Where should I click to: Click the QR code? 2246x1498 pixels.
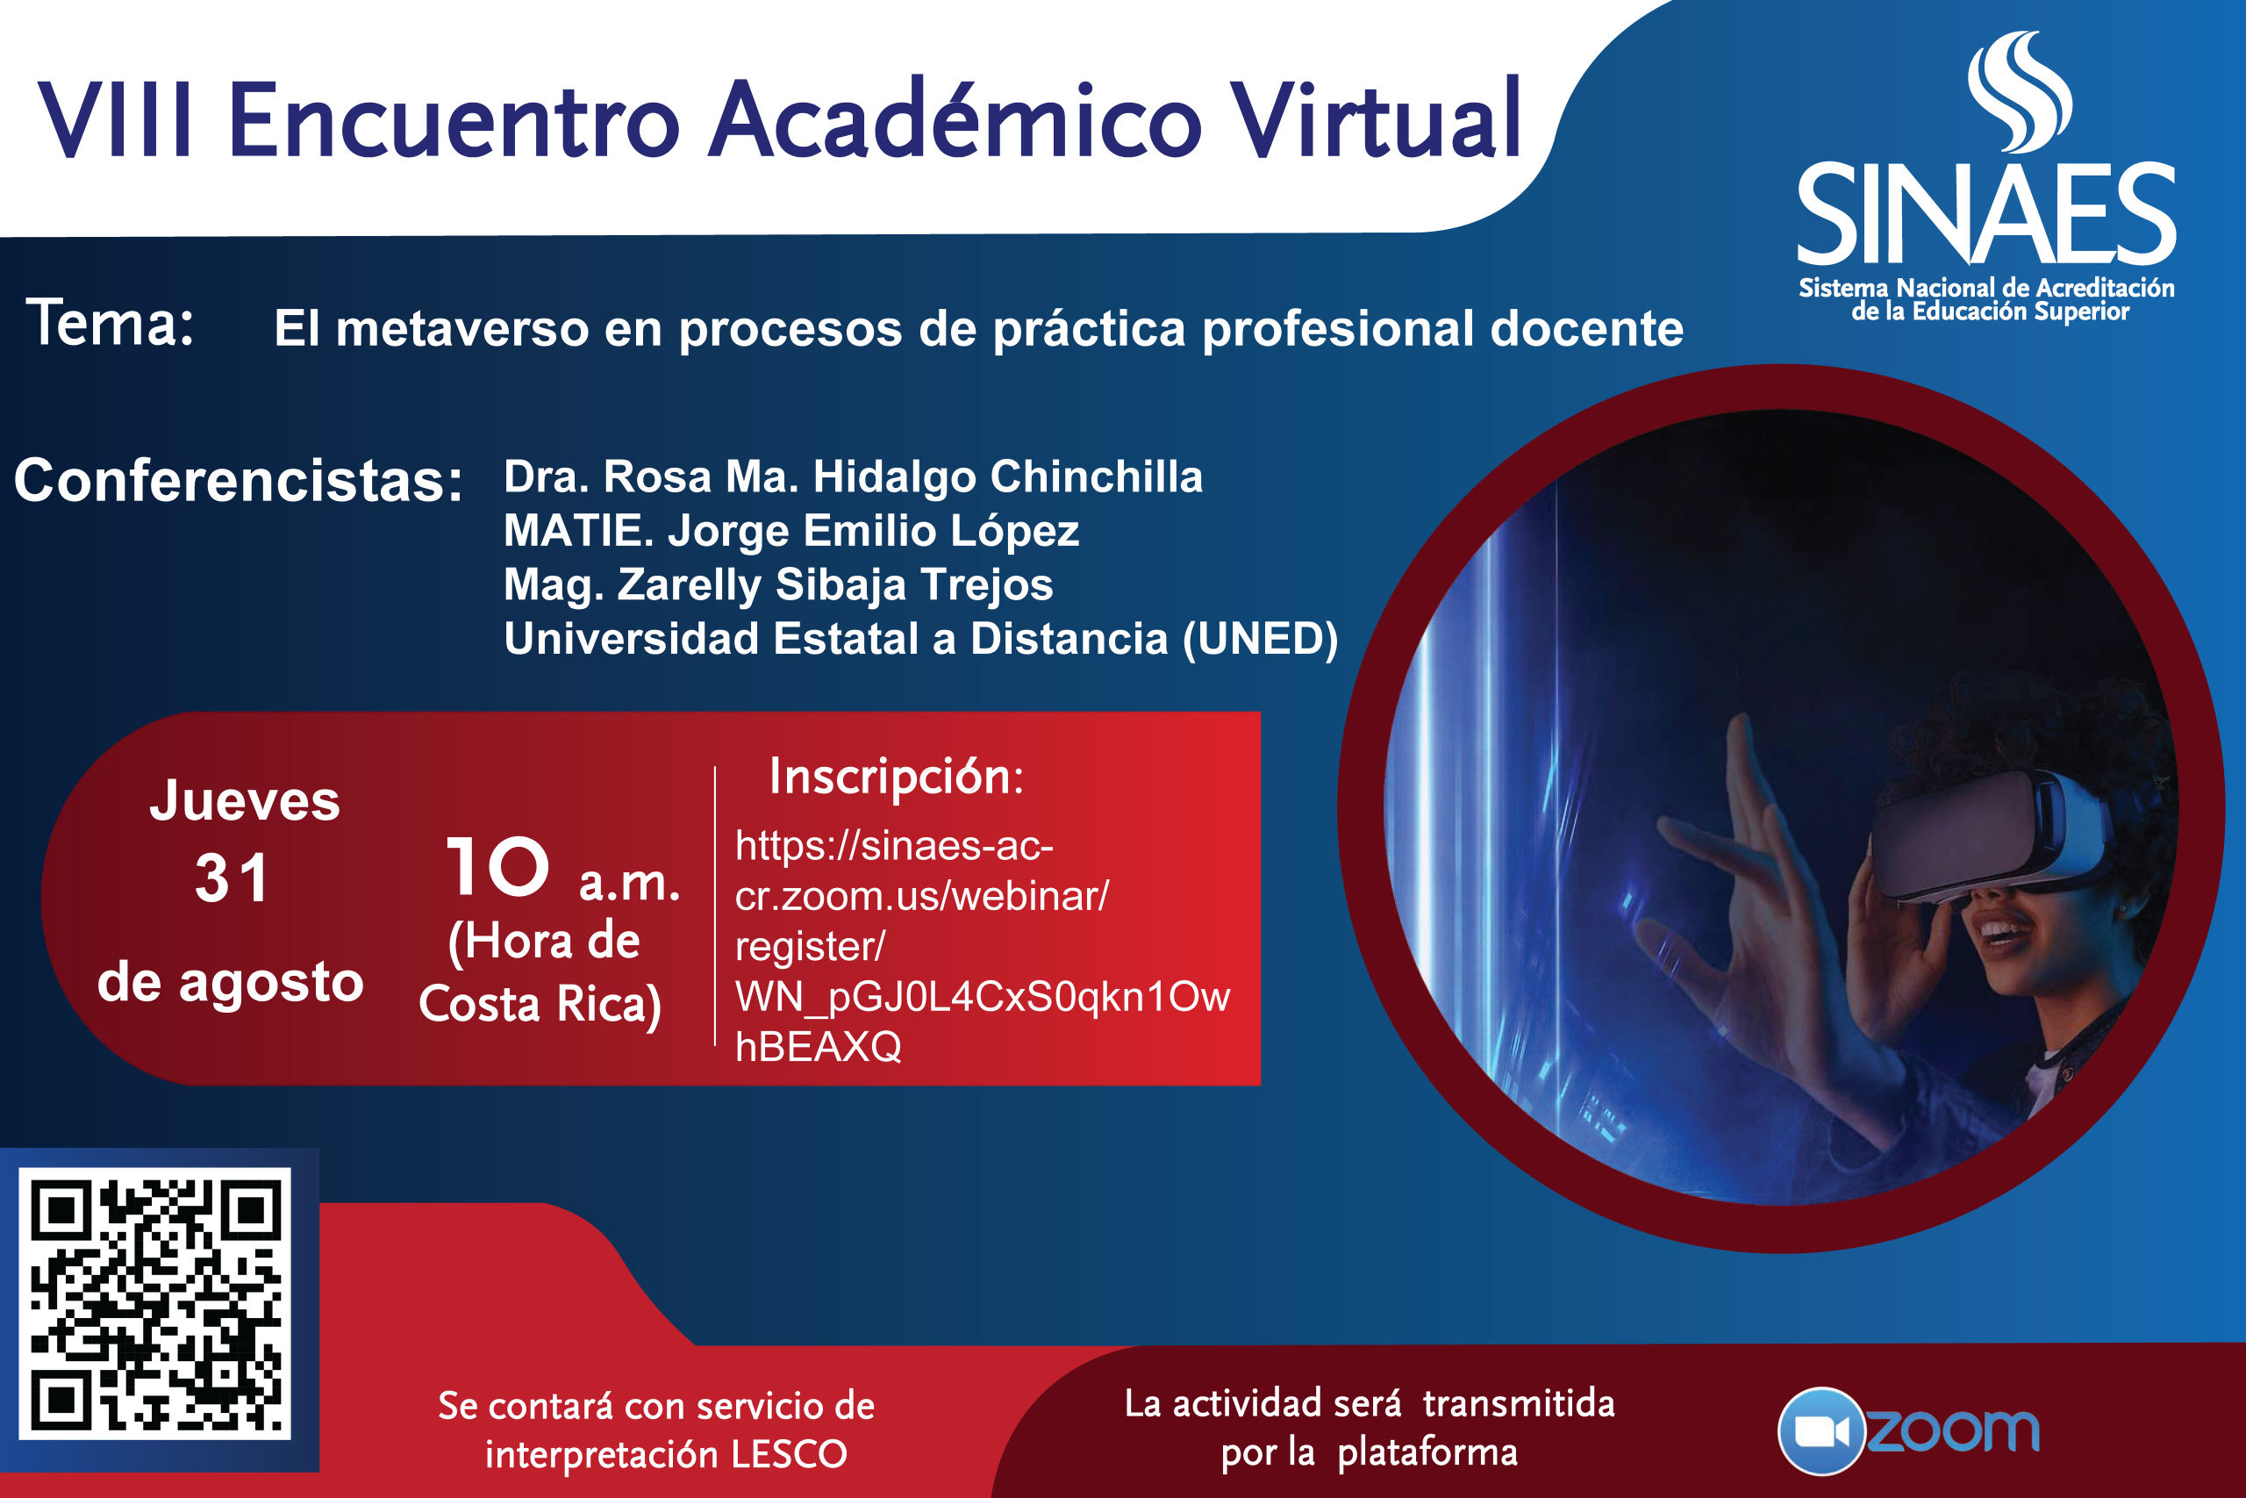coord(154,1304)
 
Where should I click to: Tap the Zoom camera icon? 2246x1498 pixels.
coord(1821,1431)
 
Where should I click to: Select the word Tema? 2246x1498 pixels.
coord(111,323)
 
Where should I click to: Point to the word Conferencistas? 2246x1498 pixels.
coord(239,480)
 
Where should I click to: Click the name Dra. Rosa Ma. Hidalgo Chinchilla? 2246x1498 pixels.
coord(853,476)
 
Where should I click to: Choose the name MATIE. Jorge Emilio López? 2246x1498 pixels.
coord(790,531)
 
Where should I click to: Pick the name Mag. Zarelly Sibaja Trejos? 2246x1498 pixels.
coord(778,584)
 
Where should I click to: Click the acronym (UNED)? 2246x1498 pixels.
coord(1261,639)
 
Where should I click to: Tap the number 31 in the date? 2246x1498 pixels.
coord(232,878)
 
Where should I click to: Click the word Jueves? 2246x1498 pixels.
coord(245,799)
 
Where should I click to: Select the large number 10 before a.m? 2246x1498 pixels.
coord(498,866)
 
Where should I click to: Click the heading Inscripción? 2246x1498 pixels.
coord(897,777)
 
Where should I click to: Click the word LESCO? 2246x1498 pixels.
coord(789,1454)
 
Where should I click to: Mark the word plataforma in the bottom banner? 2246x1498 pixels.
coord(1427,1453)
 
